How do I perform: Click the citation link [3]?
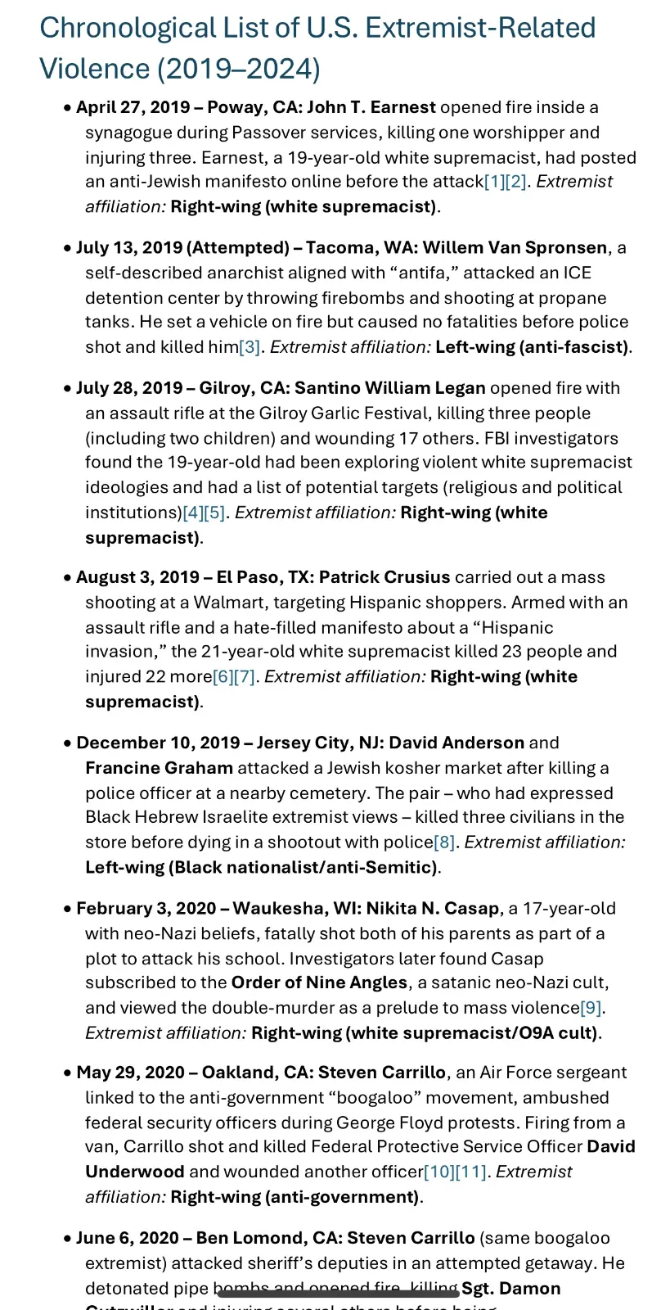pyautogui.click(x=250, y=347)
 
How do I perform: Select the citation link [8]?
pyautogui.click(x=444, y=842)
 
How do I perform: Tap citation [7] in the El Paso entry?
pyautogui.click(x=245, y=677)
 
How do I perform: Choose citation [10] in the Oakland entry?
pyautogui.click(x=438, y=1172)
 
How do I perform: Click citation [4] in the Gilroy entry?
pyautogui.click(x=193, y=513)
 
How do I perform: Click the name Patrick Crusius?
pyautogui.click(x=384, y=577)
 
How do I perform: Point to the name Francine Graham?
pyautogui.click(x=159, y=768)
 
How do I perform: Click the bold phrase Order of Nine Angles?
pyautogui.click(x=319, y=982)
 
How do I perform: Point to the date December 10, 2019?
pyautogui.click(x=158, y=743)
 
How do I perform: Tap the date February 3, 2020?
pyautogui.click(x=146, y=909)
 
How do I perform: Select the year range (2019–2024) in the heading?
pyautogui.click(x=239, y=68)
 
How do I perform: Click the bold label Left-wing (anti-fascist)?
pyautogui.click(x=532, y=347)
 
